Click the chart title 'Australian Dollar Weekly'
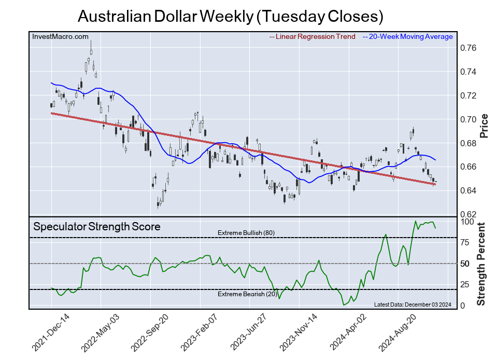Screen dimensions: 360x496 pyautogui.click(x=230, y=16)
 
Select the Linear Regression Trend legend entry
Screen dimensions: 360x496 pyautogui.click(x=313, y=37)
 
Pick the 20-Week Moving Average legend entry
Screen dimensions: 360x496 pyautogui.click(x=407, y=37)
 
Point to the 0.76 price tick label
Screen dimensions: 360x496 pyautogui.click(x=468, y=48)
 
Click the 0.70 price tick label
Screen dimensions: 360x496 pyautogui.click(x=468, y=119)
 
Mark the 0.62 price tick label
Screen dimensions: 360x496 pyautogui.click(x=468, y=214)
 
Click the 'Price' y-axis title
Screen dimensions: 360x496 pyautogui.click(x=485, y=125)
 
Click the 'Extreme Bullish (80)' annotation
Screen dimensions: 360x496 pyautogui.click(x=246, y=233)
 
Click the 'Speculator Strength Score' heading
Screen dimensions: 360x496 pyautogui.click(x=97, y=227)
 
